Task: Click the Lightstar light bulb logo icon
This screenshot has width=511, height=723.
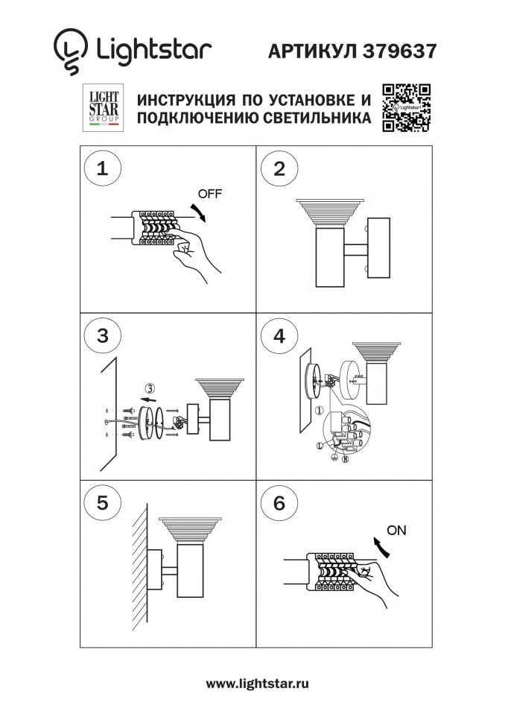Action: click(x=70, y=51)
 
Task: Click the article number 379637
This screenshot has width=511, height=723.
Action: click(x=400, y=51)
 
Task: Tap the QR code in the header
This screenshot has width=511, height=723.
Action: click(x=407, y=109)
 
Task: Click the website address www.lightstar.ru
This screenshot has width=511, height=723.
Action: click(x=257, y=683)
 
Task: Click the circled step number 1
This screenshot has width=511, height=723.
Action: click(x=102, y=168)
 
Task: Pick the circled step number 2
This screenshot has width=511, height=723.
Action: click(x=279, y=168)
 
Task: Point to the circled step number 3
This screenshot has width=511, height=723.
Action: click(x=102, y=336)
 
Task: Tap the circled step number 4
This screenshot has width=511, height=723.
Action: click(x=279, y=336)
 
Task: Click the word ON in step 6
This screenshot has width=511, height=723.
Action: click(x=397, y=531)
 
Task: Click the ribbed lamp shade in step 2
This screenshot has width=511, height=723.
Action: click(x=328, y=212)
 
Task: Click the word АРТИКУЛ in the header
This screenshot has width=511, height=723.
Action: click(x=311, y=51)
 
